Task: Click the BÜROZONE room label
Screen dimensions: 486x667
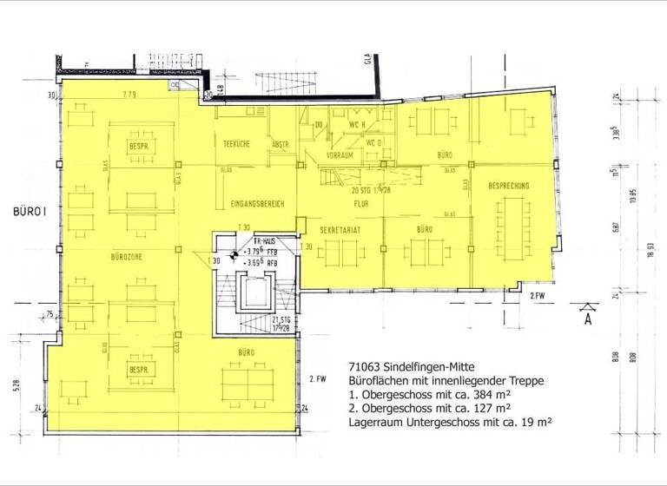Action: (x=126, y=257)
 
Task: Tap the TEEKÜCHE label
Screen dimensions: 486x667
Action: (x=236, y=144)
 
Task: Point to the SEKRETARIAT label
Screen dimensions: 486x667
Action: (x=340, y=230)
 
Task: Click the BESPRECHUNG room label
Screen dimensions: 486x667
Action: (x=509, y=186)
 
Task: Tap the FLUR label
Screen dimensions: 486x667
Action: (x=361, y=204)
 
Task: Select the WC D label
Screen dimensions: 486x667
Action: (x=373, y=142)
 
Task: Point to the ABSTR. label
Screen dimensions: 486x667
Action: (x=280, y=144)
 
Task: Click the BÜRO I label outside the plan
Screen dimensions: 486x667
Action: (x=29, y=211)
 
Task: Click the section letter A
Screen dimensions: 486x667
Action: (x=588, y=319)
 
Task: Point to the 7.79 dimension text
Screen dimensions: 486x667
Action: (x=130, y=94)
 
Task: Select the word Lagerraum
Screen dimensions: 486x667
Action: (x=375, y=422)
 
